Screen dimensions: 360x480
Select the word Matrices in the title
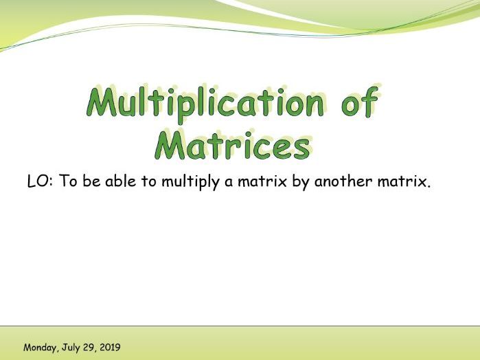[x=231, y=144]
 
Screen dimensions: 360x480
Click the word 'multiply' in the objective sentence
[x=192, y=184]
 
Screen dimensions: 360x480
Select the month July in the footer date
[x=71, y=348]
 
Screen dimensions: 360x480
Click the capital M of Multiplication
[x=102, y=104]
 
